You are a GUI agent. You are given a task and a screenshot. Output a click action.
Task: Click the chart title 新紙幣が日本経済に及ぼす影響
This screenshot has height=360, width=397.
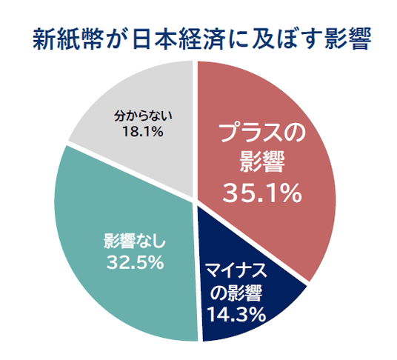(x=202, y=39)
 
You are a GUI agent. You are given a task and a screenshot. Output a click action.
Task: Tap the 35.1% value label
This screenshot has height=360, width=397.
(x=262, y=193)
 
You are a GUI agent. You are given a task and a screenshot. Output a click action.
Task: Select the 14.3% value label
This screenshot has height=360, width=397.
(x=236, y=314)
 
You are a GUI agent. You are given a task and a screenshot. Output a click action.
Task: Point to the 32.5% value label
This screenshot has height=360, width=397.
(x=135, y=262)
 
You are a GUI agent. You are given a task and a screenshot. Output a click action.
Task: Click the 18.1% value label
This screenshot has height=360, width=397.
(x=142, y=132)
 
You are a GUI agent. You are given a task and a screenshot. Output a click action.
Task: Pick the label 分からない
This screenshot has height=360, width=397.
(x=143, y=116)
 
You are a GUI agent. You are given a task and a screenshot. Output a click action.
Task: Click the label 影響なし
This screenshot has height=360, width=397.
(x=135, y=241)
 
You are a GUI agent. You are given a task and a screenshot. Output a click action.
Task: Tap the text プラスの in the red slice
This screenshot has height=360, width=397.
(x=263, y=133)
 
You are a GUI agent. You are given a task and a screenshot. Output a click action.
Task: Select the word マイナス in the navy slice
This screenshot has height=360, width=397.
(x=236, y=271)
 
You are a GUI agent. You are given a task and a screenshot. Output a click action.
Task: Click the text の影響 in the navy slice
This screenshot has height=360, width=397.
(x=236, y=293)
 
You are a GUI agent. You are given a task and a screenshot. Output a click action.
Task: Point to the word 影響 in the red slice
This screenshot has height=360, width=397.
(x=262, y=162)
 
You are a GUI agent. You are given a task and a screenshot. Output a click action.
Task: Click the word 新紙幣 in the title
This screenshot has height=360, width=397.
(x=68, y=39)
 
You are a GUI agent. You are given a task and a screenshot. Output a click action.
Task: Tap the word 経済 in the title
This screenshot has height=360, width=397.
(x=202, y=39)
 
